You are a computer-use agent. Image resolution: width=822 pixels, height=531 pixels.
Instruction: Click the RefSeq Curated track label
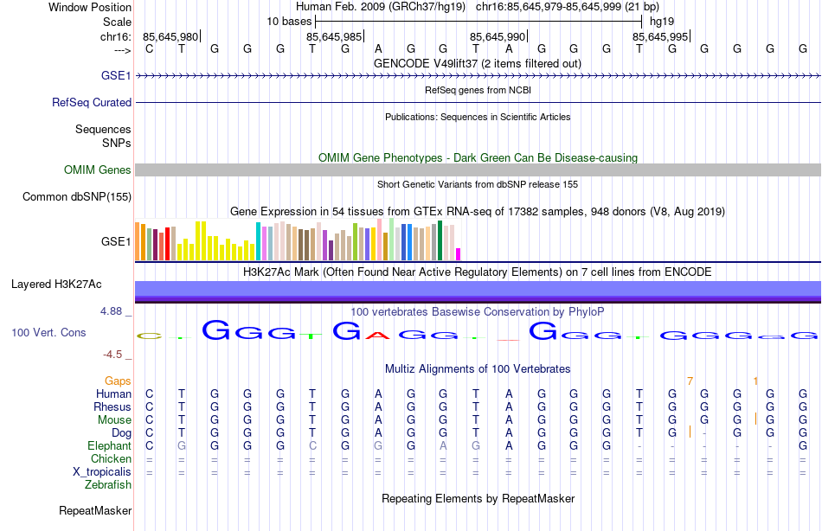92,102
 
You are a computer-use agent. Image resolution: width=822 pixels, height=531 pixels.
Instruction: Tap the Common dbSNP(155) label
77,197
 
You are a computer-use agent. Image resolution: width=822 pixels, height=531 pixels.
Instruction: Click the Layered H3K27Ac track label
56,284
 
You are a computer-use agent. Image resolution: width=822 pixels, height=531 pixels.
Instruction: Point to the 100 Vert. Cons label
48,332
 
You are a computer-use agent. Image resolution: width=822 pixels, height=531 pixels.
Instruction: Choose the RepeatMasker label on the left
95,511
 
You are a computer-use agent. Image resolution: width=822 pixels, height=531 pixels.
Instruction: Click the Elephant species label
109,445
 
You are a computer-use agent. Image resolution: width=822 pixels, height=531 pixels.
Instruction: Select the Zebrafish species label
108,485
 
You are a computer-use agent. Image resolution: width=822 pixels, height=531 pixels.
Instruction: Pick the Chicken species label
112,458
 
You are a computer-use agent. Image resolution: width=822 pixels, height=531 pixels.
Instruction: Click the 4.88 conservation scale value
114,310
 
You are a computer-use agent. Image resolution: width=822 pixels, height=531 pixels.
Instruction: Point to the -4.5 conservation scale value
114,354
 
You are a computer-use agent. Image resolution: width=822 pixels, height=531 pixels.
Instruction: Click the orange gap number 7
690,381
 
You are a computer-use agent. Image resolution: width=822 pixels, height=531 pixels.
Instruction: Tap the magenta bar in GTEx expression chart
459,253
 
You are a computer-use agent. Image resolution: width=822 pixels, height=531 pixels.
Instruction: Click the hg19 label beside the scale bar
662,21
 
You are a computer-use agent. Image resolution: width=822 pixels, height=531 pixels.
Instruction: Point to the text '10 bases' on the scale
287,21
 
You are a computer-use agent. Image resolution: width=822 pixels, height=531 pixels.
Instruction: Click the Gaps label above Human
118,381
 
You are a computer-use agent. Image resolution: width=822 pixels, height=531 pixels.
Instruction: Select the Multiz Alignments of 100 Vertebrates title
478,369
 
